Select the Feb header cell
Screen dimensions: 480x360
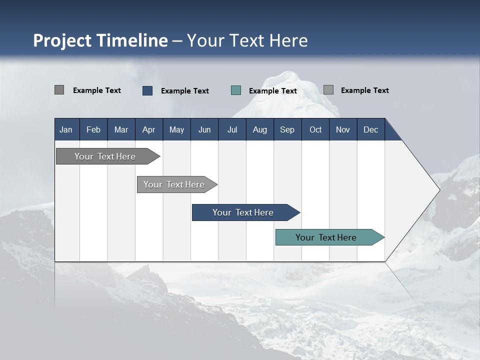[x=93, y=129]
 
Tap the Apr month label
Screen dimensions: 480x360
[x=149, y=130]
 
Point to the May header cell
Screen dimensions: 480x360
[x=176, y=129]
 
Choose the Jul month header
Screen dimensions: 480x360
[x=232, y=129]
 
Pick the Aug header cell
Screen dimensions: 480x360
[x=260, y=129]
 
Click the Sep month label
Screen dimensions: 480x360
[x=287, y=130]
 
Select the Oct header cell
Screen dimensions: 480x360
[x=315, y=129]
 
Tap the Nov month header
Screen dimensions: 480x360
[x=343, y=129]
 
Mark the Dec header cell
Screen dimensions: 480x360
[x=371, y=129]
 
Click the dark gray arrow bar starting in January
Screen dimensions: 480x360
[x=108, y=156]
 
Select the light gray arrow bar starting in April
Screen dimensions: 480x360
[x=177, y=184]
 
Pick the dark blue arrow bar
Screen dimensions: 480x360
[x=246, y=212]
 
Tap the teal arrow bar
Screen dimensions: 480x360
[x=330, y=237]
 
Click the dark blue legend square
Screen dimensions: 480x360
[x=147, y=90]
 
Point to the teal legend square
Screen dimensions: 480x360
[x=236, y=90]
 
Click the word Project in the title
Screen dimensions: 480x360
[x=62, y=40]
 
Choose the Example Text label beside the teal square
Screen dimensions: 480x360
[x=273, y=91]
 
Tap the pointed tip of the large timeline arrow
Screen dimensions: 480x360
[x=440, y=190]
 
